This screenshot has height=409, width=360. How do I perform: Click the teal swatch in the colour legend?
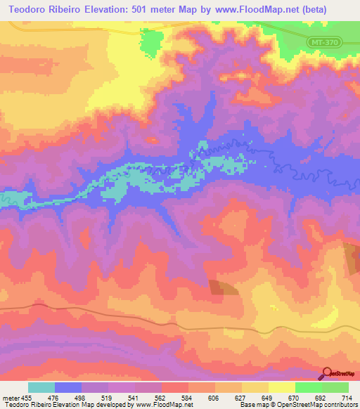point(41,387)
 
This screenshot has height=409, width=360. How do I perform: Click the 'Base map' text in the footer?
point(252,405)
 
